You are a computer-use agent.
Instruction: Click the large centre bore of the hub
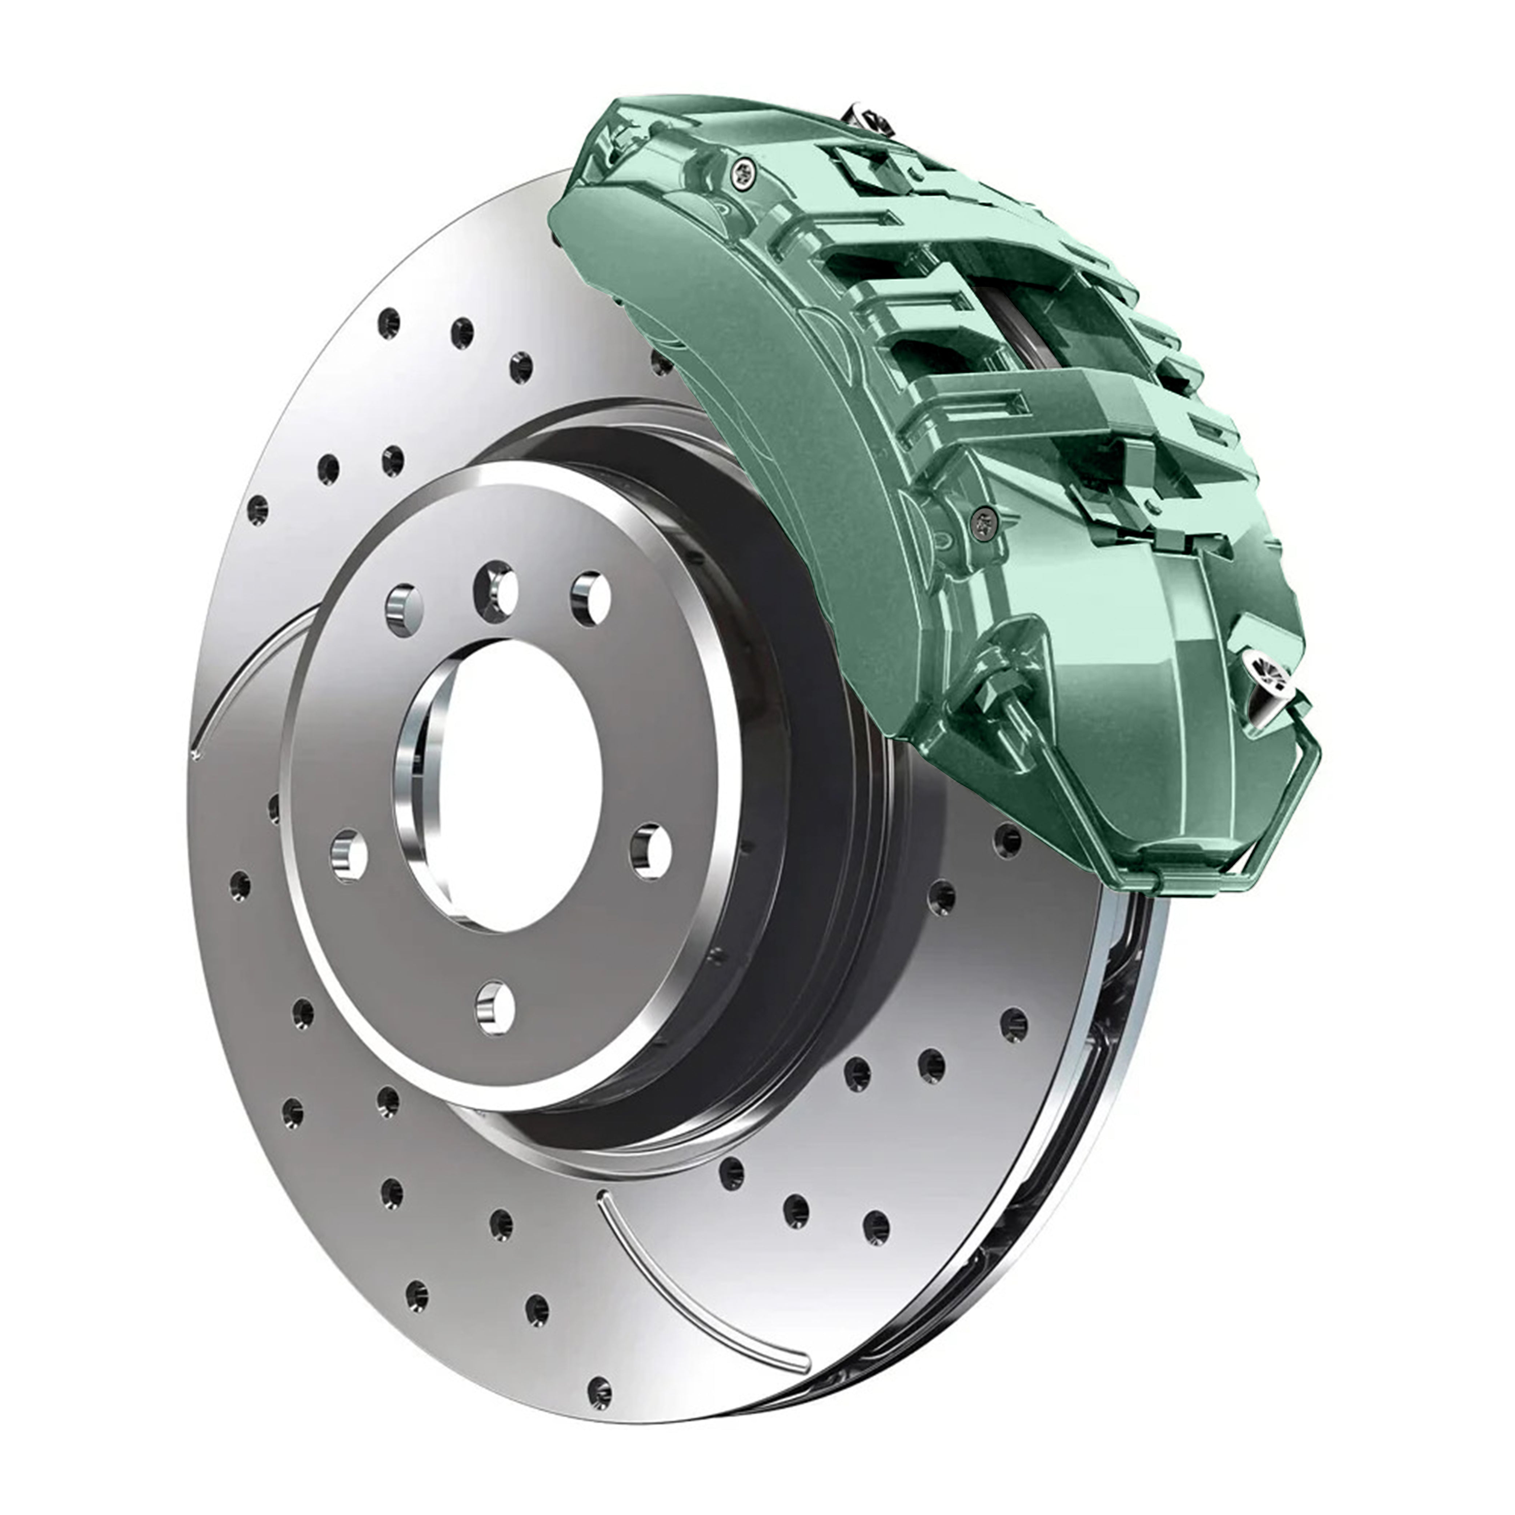point(510,784)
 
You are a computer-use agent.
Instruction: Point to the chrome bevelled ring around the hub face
point(725,706)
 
